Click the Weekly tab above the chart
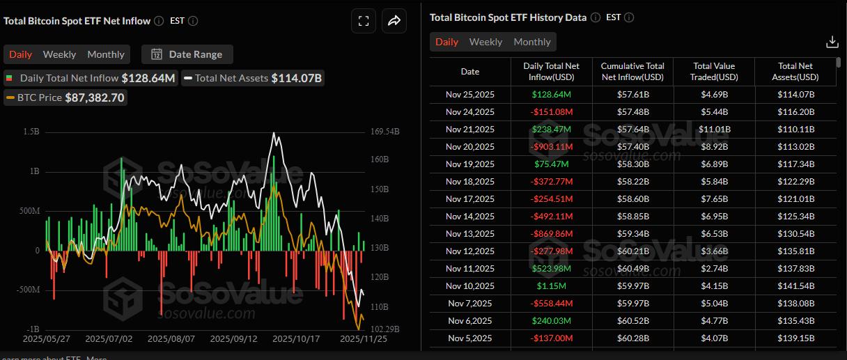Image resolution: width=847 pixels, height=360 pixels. (x=59, y=54)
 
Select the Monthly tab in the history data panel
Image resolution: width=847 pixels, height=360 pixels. (x=532, y=42)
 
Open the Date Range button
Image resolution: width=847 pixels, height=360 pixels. (x=187, y=54)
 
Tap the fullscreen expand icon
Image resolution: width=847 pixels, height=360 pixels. (x=364, y=21)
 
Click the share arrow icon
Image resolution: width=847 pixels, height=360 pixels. (x=394, y=21)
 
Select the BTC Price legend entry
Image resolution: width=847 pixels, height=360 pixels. (x=65, y=97)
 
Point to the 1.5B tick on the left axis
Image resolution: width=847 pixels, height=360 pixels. (x=31, y=132)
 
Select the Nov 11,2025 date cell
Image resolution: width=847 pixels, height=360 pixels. (x=470, y=268)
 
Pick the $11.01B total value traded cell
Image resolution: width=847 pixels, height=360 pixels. (x=714, y=129)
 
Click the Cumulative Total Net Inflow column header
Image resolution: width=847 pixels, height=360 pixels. (x=632, y=71)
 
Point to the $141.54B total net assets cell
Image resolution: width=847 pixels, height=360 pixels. (x=795, y=285)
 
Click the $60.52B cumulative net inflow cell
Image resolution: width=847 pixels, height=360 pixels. (x=632, y=320)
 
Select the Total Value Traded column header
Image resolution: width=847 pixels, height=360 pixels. (x=714, y=71)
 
